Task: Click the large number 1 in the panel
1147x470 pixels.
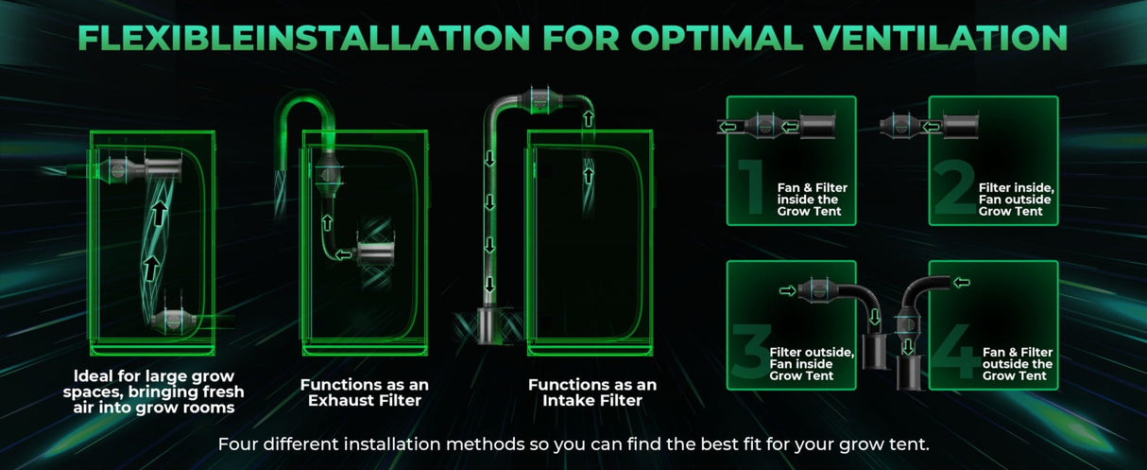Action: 752,186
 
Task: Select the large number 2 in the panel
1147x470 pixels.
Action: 954,186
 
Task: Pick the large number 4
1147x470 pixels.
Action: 955,351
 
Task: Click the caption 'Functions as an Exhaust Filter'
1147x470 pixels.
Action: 364,392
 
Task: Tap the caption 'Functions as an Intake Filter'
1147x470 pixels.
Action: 592,392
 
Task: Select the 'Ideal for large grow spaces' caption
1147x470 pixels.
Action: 154,392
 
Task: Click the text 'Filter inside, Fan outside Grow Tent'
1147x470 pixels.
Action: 1016,200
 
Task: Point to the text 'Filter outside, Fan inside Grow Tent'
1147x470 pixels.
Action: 811,364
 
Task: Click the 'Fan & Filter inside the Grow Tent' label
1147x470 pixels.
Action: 813,200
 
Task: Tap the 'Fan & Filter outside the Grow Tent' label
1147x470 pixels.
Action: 1017,364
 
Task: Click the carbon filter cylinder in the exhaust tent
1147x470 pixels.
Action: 376,253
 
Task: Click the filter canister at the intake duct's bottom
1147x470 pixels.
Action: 486,325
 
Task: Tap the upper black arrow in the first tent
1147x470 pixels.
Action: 160,213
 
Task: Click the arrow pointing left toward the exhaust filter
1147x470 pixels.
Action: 344,254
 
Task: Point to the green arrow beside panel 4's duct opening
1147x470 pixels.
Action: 961,282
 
